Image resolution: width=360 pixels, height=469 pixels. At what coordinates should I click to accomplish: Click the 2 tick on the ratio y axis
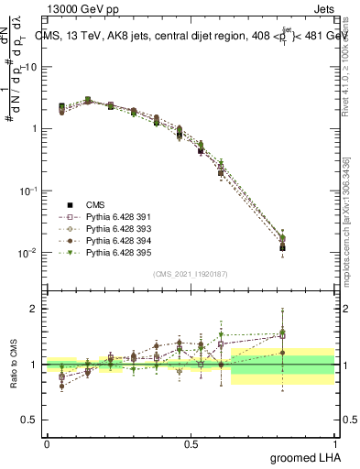pos(32,310)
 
